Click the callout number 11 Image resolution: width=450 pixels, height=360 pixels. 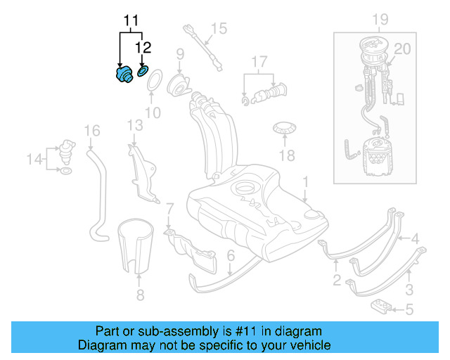131,21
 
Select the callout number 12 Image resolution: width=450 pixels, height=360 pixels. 143,48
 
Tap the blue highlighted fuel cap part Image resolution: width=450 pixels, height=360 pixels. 124,74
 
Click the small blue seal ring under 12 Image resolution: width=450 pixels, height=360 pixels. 142,71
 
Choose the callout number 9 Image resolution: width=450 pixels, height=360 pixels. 180,53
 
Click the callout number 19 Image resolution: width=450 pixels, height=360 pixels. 380,19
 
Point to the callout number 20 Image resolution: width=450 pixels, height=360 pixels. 401,49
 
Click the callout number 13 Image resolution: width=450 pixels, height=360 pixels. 135,125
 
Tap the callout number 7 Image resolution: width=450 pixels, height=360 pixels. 169,209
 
